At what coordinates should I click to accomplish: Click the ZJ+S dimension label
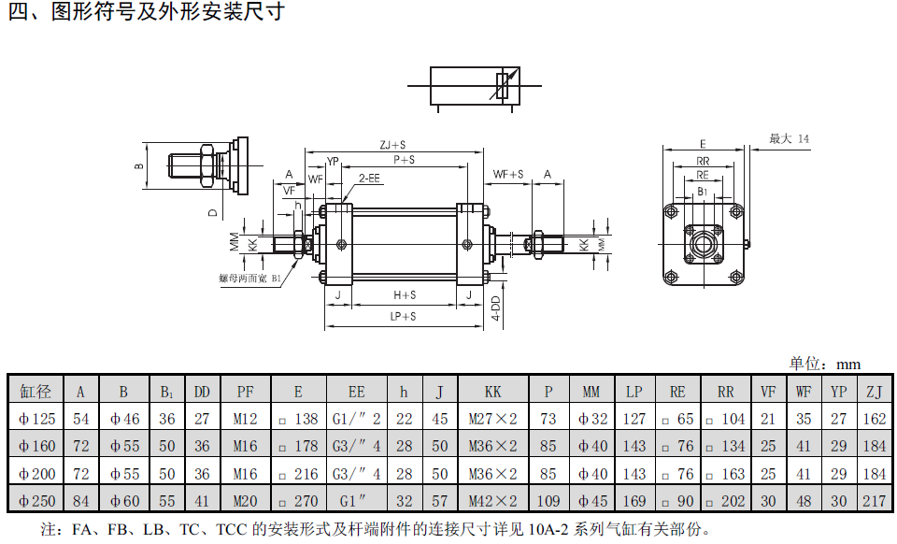click(x=392, y=145)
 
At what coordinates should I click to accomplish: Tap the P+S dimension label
click(x=404, y=160)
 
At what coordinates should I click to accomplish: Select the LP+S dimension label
click(x=404, y=317)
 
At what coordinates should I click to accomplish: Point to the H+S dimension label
click(x=405, y=295)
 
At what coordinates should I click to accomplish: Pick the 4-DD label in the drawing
click(x=496, y=308)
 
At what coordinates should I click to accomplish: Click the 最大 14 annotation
click(x=789, y=139)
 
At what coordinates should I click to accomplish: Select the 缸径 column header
click(x=36, y=392)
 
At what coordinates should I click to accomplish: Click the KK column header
click(x=492, y=392)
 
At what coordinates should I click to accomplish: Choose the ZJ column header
click(x=874, y=392)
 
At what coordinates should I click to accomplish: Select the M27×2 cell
click(x=492, y=419)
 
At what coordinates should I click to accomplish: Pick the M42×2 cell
click(x=492, y=500)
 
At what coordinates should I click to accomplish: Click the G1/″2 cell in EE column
click(x=356, y=419)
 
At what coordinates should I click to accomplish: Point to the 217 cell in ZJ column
click(x=874, y=500)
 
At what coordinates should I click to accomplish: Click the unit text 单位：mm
click(x=824, y=364)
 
